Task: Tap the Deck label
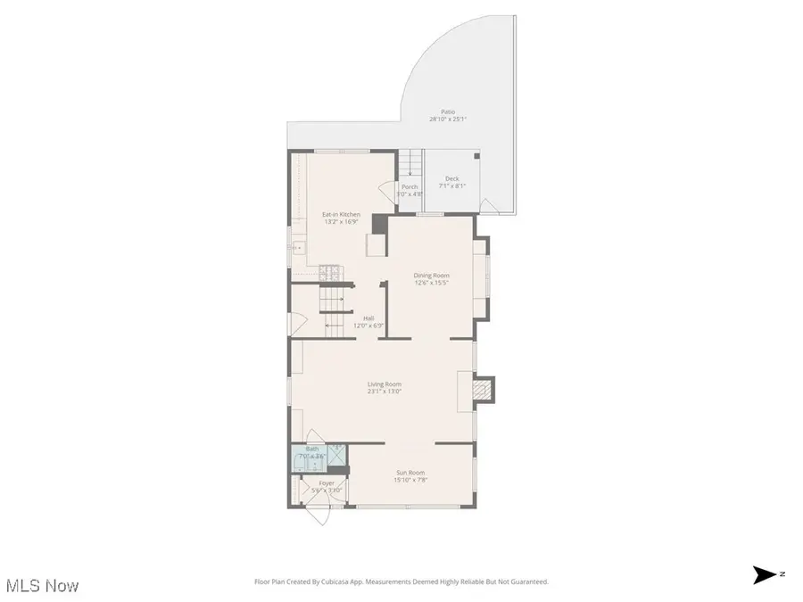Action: [453, 179]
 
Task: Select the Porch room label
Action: [410, 187]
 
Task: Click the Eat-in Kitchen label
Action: [341, 215]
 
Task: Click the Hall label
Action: [368, 318]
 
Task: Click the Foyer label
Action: [327, 483]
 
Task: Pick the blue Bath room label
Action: [312, 449]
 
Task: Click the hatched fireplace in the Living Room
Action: [482, 390]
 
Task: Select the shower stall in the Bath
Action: [336, 456]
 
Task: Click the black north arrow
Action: [765, 575]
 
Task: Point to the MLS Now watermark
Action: [42, 586]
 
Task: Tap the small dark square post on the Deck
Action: [476, 156]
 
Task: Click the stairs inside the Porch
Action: [410, 164]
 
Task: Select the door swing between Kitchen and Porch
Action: [386, 191]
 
